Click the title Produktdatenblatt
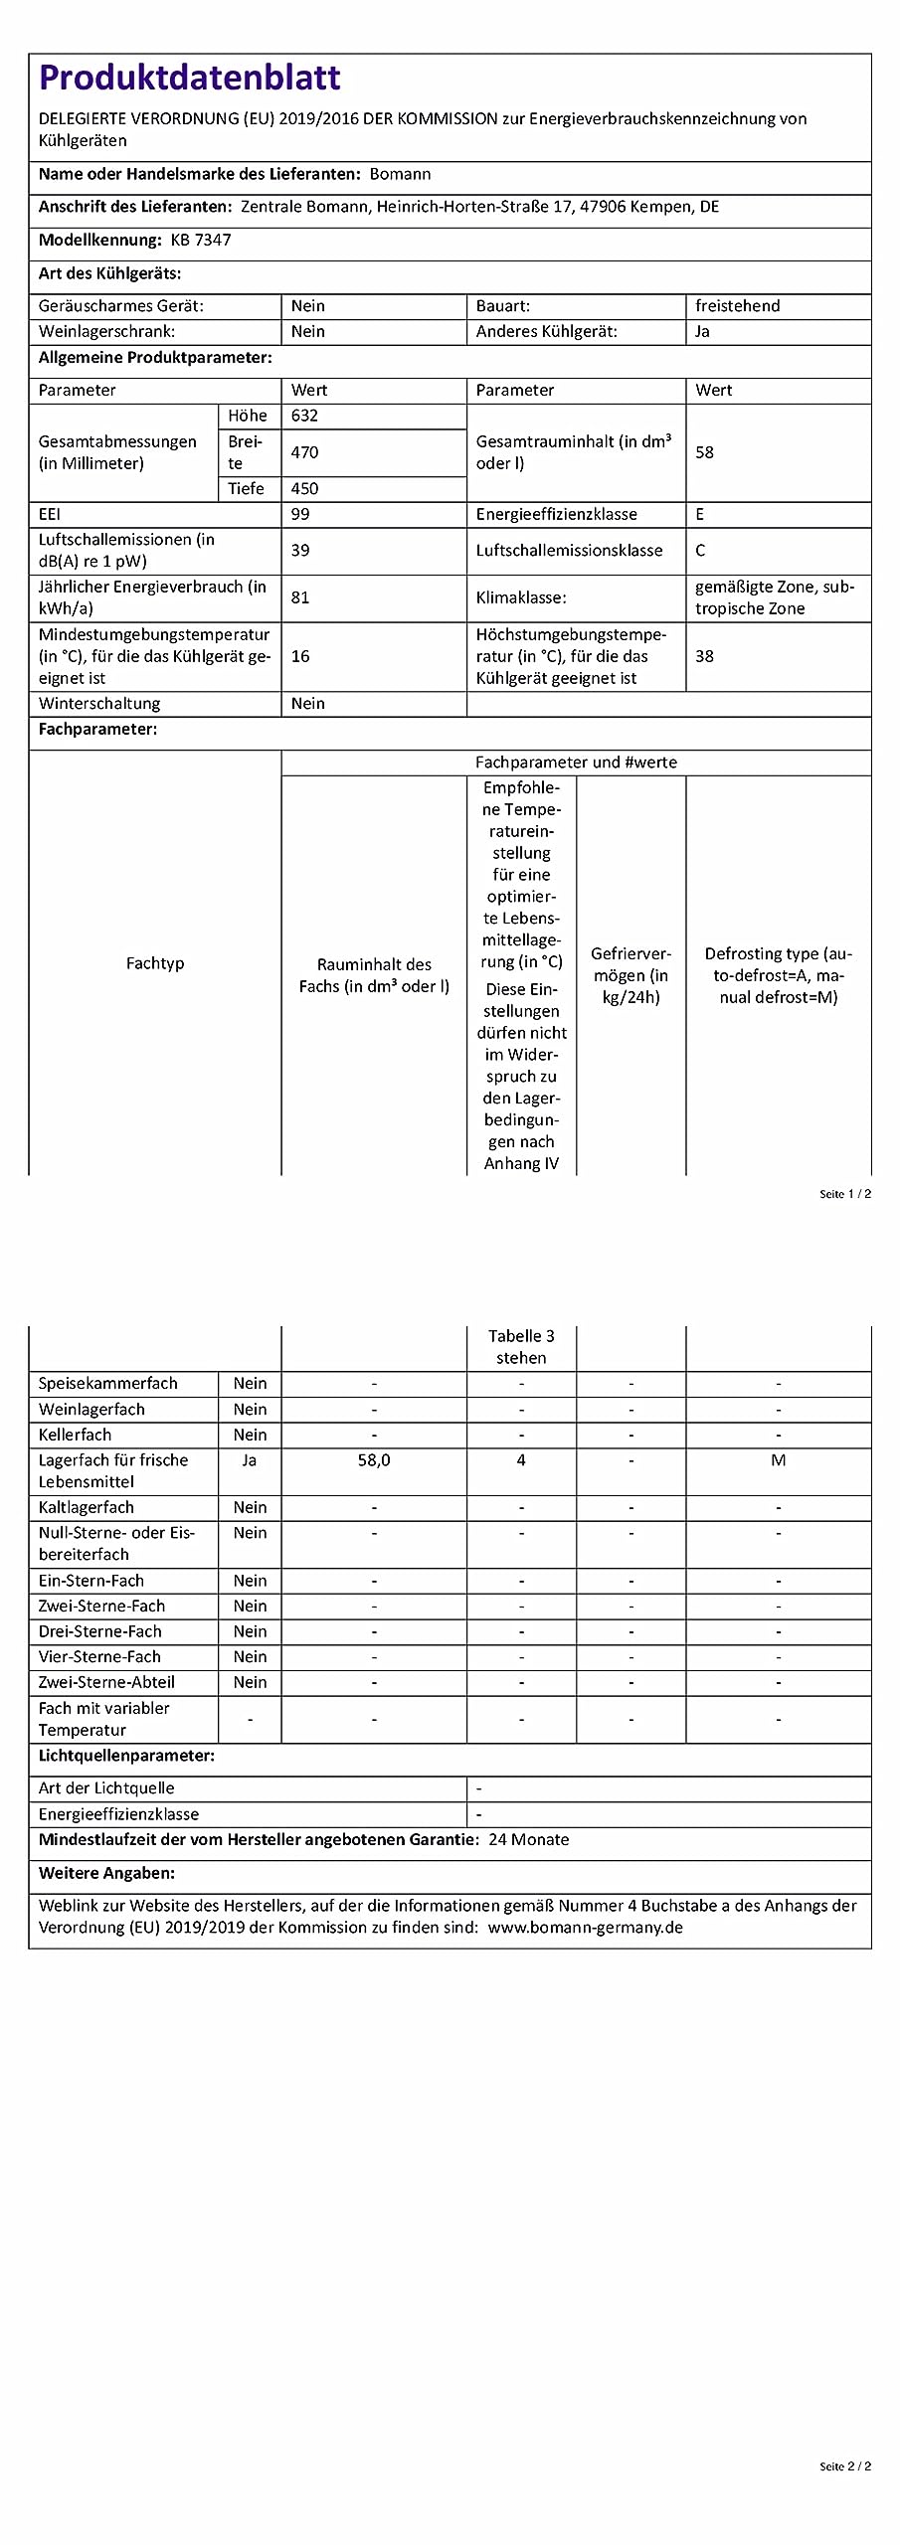tap(189, 78)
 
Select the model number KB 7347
tap(201, 240)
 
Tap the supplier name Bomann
tap(400, 174)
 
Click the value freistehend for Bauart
tap(737, 306)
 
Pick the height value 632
tap(304, 416)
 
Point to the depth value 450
tap(304, 488)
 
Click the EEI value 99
tap(300, 514)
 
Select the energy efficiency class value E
tap(700, 514)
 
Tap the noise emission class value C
tap(700, 550)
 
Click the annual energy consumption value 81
tap(300, 597)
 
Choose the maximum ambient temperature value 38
tap(704, 656)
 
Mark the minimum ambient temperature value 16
tap(300, 656)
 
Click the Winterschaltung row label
tap(99, 703)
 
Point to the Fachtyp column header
tap(155, 963)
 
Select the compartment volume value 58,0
tap(374, 1460)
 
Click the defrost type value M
tap(778, 1460)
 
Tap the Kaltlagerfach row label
tap(87, 1507)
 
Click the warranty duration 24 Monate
tap(529, 1839)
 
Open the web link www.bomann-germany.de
tap(585, 1927)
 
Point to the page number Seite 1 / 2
tap(844, 1194)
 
